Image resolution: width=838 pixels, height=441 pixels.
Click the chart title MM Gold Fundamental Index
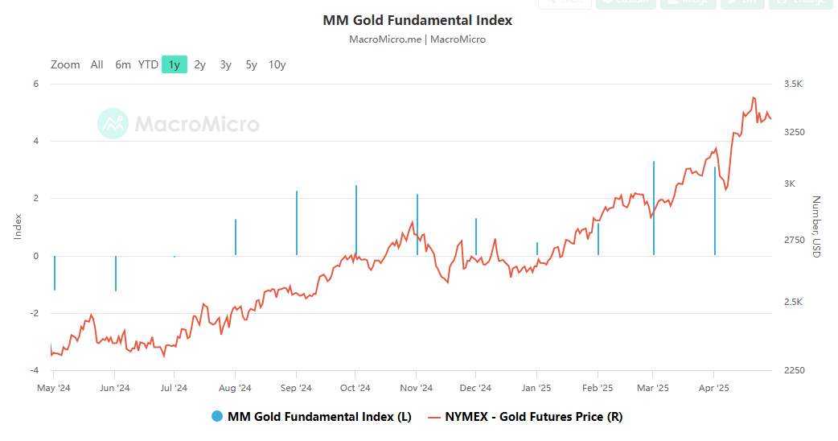point(417,20)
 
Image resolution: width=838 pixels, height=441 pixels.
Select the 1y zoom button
point(174,64)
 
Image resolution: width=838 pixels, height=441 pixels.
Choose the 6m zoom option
point(122,64)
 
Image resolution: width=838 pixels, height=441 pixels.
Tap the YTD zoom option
point(148,64)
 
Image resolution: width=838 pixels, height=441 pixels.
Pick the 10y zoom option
point(277,64)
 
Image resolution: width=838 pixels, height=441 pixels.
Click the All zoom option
point(97,64)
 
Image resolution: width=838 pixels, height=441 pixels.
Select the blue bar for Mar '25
point(654,208)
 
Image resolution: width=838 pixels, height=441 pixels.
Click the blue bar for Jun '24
point(116,273)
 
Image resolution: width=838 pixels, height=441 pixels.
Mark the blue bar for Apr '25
point(714,211)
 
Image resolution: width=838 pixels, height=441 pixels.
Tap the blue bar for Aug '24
point(236,237)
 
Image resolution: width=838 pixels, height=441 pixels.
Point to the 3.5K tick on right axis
point(793,84)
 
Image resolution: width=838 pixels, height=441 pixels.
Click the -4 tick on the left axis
point(35,370)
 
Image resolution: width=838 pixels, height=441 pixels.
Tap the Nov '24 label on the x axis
point(416,388)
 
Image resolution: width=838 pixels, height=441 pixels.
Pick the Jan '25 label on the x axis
point(536,388)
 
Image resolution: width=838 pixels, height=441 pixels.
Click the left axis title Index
point(18,226)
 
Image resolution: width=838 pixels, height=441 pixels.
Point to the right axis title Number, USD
point(815,226)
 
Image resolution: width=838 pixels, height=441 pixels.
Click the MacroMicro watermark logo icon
point(113,124)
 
